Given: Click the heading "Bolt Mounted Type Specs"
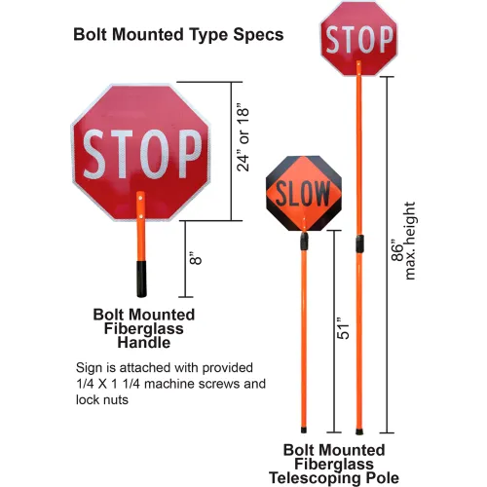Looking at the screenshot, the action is pos(178,35).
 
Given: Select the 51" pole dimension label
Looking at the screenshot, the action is pos(343,328).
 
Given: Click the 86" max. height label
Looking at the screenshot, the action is pos(403,241).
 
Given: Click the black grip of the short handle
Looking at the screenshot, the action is pos(141,279).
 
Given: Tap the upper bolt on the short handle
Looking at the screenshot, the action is pos(140,197).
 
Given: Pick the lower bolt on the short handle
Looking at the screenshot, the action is pos(140,216).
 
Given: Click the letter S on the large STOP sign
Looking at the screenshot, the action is pos(95,154).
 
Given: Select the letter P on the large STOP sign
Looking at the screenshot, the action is pos(190,154).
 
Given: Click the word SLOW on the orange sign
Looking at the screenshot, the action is pos(303,194).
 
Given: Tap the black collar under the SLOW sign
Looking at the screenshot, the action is pos(304,242).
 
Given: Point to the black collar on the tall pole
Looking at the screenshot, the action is pos(359,243).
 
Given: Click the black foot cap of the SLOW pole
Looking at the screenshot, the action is pos(304,431).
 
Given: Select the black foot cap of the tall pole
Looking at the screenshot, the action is pos(359,431).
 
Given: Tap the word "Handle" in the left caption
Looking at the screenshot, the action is pos(144,343).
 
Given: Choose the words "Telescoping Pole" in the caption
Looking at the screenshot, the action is pos(334,478).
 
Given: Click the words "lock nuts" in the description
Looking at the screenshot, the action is pos(102,399).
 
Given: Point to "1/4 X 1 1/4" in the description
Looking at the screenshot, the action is pos(108,384).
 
